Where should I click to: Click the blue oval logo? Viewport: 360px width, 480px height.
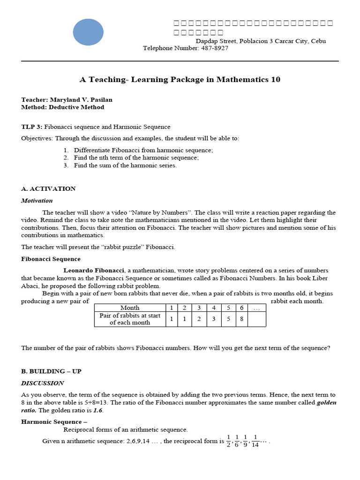click(88, 32)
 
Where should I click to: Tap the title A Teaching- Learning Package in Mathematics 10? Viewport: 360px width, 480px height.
click(180, 80)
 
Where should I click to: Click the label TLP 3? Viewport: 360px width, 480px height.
click(32, 127)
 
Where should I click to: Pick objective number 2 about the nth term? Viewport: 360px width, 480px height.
click(136, 158)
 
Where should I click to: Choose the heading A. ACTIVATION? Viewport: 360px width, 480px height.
click(48, 189)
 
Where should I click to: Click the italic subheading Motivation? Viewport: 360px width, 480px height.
click(37, 201)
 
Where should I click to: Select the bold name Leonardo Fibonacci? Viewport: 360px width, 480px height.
click(94, 271)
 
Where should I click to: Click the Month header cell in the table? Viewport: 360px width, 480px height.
click(130, 308)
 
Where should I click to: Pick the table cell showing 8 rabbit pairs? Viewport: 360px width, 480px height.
click(241, 319)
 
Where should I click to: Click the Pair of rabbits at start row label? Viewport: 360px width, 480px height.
click(130, 319)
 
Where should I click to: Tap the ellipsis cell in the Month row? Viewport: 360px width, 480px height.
click(256, 308)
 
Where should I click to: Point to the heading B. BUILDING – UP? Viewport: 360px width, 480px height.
click(51, 371)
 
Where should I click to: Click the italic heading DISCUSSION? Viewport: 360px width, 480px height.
click(42, 383)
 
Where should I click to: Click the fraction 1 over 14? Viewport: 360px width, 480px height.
click(256, 441)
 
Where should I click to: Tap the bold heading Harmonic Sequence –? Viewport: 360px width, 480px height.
click(51, 422)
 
